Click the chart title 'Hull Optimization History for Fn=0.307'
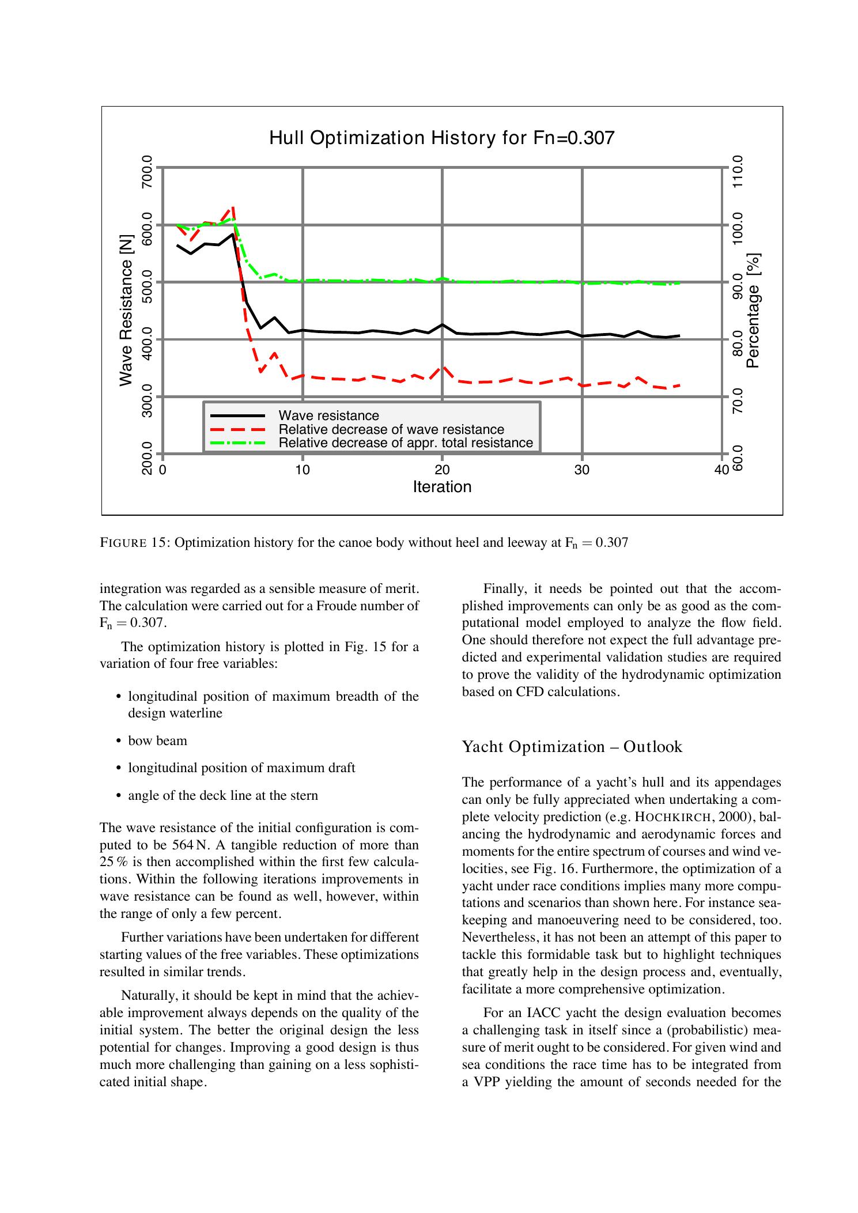[x=442, y=138]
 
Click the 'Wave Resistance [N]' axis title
[x=126, y=310]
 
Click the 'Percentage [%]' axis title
[x=753, y=310]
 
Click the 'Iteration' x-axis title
[x=442, y=487]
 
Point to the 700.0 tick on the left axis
[x=147, y=172]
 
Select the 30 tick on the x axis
[x=582, y=470]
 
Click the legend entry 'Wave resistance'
[x=328, y=415]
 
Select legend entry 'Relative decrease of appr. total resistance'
[x=406, y=443]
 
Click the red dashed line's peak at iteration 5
[x=233, y=207]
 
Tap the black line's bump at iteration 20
[x=442, y=325]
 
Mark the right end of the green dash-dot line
[x=680, y=283]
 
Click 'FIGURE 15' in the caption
[x=133, y=543]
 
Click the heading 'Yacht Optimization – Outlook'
[x=572, y=747]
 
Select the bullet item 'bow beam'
[x=157, y=740]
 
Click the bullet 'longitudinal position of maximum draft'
[x=241, y=768]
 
